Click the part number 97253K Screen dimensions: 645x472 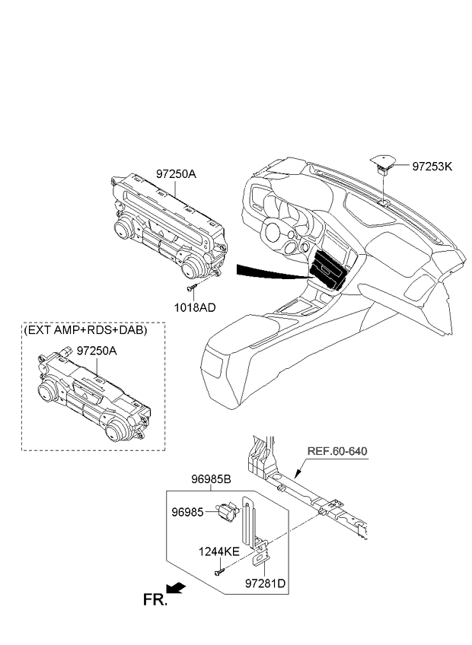[432, 166]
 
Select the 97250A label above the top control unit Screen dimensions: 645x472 [176, 174]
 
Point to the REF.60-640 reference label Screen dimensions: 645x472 [336, 451]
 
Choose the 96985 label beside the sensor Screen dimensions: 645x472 [187, 513]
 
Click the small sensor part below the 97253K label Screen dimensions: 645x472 [383, 164]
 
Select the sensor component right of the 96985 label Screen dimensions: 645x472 [227, 513]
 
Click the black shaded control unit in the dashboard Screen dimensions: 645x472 [329, 270]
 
